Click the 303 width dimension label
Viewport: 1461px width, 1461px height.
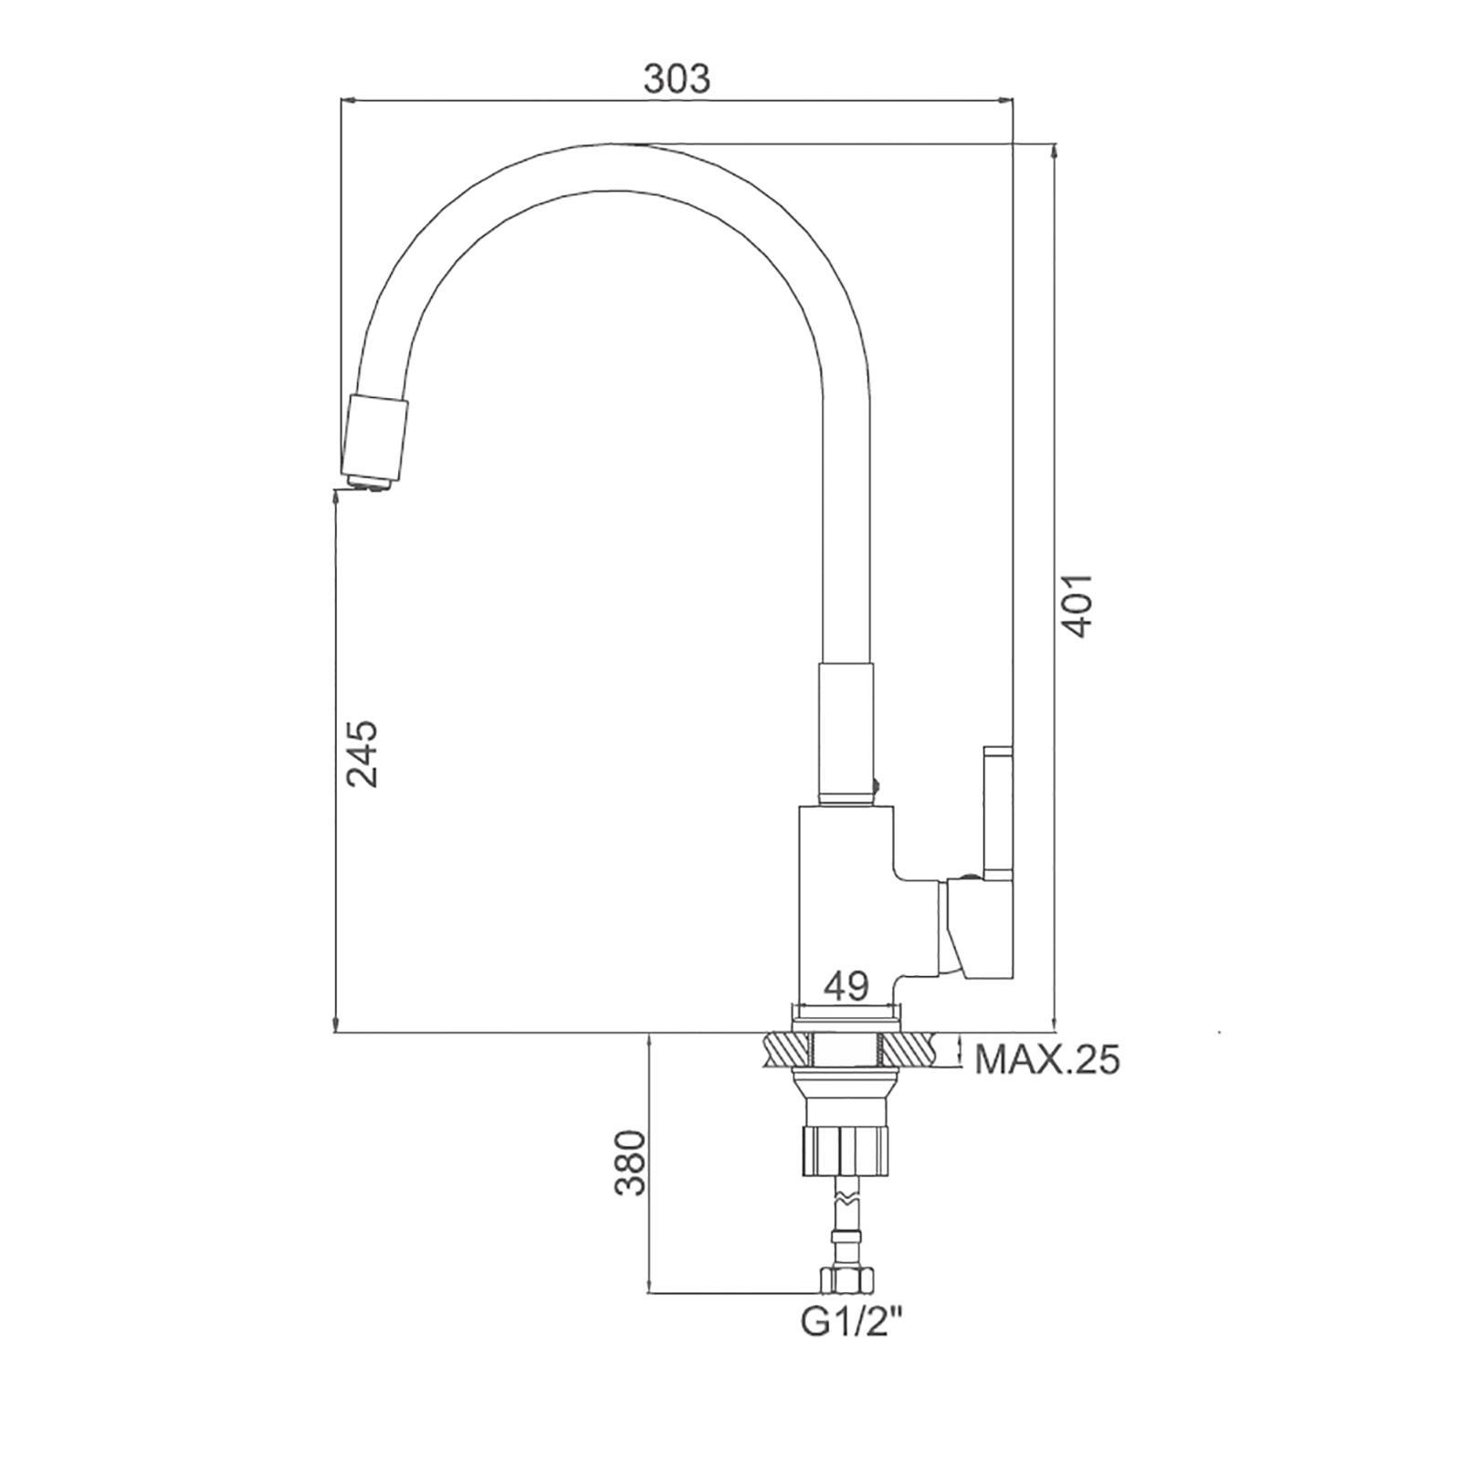pos(676,79)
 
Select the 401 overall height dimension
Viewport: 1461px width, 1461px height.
pos(1077,605)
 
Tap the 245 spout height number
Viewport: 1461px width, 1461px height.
pos(361,753)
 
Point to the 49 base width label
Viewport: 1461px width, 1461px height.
pos(846,986)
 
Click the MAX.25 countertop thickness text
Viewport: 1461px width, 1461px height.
pos(1047,1060)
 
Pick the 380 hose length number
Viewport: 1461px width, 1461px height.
pos(630,1162)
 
